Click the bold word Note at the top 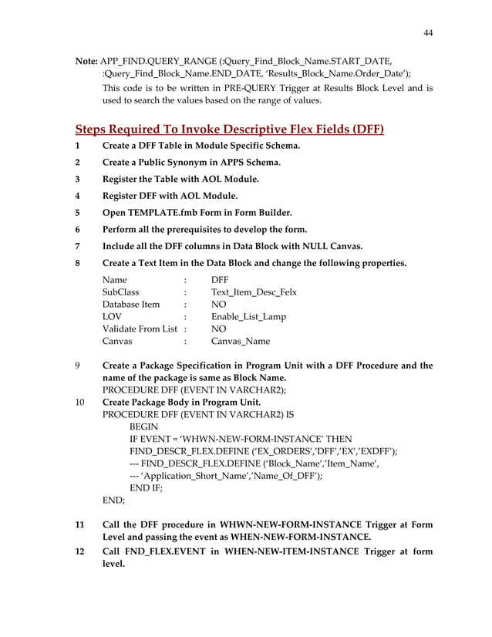tap(86, 61)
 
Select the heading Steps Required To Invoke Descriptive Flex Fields tap(229, 128)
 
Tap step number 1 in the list tap(77, 146)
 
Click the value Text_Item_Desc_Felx tap(254, 292)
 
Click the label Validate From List tap(141, 329)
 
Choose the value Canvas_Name tap(241, 342)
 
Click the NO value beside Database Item tap(218, 305)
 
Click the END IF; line tap(147, 488)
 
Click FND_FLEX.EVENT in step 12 tap(167, 551)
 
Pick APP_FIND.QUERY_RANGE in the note tap(163, 61)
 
